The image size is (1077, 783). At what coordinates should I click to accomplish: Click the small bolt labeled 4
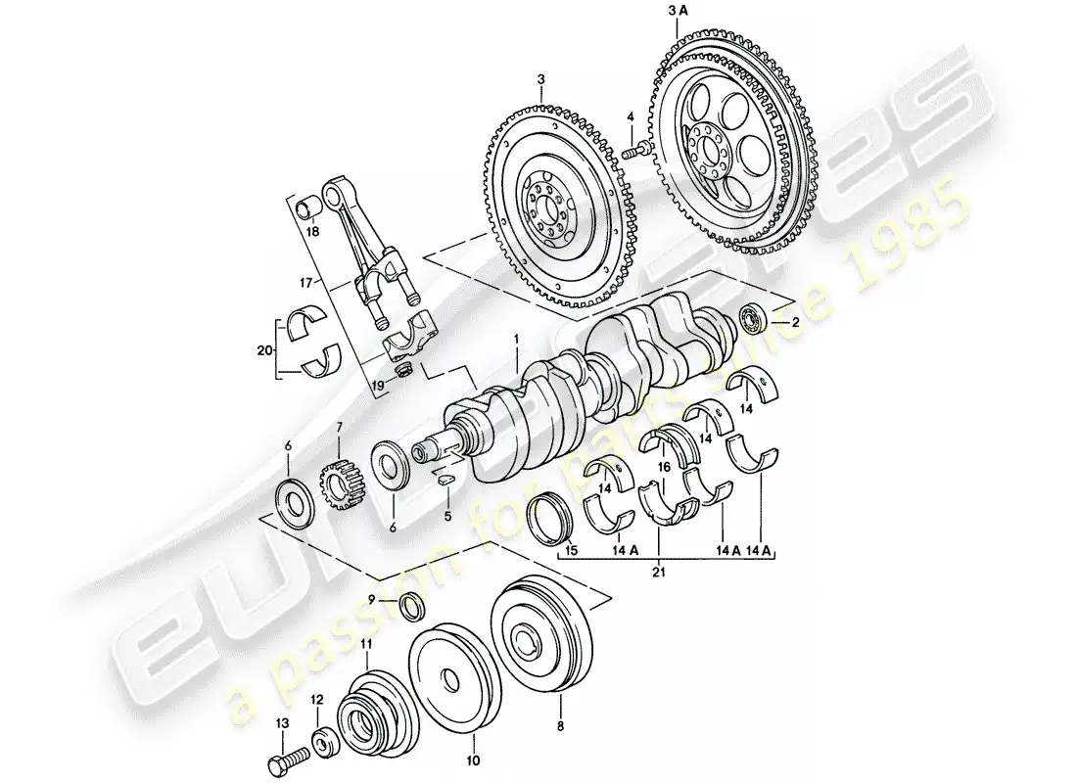click(x=637, y=150)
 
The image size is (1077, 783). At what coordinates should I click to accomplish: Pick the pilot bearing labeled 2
click(x=756, y=318)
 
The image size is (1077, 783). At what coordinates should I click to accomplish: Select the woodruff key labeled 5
click(x=442, y=480)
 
